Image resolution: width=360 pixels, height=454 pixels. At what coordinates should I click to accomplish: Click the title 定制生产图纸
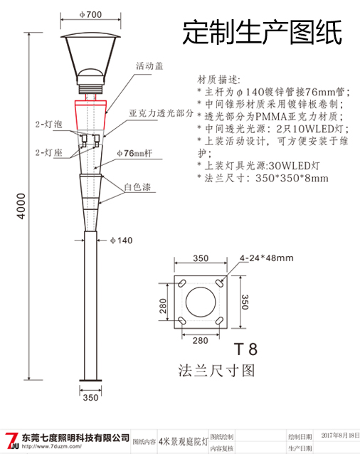point(262,32)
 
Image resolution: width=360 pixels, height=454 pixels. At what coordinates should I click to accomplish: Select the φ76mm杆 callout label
point(135,153)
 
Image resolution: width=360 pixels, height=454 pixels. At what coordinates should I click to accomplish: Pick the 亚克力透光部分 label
point(162,113)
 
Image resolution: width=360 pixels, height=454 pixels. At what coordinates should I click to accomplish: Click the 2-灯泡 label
point(48,125)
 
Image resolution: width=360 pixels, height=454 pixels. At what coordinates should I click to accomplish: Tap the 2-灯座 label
point(48,152)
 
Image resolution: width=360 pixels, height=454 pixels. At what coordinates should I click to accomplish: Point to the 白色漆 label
point(137,188)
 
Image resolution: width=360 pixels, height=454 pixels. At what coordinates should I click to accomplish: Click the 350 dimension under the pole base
point(90,398)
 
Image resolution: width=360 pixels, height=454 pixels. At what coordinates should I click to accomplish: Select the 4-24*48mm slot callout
point(266,258)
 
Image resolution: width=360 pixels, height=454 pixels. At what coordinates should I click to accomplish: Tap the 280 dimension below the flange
point(200,340)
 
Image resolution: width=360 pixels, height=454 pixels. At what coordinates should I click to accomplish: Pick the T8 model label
point(245,349)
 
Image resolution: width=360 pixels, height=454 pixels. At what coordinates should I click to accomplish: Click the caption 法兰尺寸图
point(216,371)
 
